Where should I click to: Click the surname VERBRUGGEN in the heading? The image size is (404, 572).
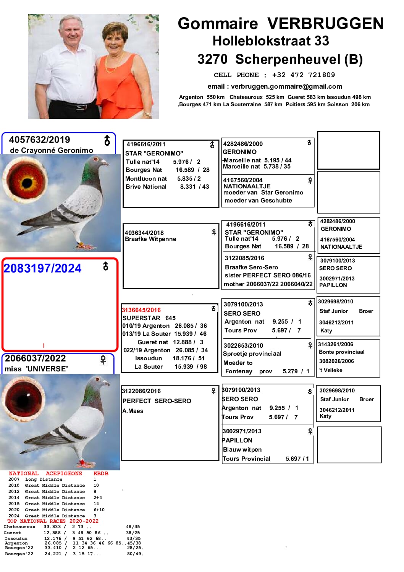pos(325,24)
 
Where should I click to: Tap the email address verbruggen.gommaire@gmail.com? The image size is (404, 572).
pos(286,86)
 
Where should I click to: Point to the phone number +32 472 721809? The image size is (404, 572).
pos(303,75)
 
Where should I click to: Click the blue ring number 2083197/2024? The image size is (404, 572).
pos(42,269)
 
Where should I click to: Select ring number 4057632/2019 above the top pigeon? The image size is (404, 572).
pos(40,140)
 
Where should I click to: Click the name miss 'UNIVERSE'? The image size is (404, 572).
pos(36,369)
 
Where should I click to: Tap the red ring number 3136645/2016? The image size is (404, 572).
pos(141,310)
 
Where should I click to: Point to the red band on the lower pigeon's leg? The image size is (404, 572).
pos(81,463)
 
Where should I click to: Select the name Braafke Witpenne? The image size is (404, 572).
pos(150,239)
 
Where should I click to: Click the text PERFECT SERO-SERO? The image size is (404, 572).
pos(157,401)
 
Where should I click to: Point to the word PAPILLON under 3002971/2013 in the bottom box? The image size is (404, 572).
pos(237,440)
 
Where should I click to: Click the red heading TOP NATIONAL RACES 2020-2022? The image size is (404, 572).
pos(53,521)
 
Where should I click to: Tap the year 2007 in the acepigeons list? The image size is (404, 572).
pos(14,479)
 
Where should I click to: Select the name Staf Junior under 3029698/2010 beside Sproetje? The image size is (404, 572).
pos(334,311)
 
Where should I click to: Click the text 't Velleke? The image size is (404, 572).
pos(331,370)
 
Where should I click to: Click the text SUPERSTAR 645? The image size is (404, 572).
pos(149,318)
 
